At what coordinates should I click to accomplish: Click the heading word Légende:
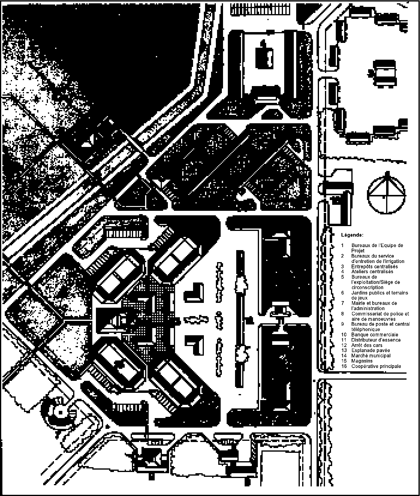point(352,235)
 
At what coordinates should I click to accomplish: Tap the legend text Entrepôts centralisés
point(374,266)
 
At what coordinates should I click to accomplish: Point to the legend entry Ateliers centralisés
point(372,272)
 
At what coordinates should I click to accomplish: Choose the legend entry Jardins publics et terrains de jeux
point(380,295)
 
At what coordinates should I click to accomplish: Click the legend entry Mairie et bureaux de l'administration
point(374,306)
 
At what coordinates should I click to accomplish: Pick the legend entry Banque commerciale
point(375,335)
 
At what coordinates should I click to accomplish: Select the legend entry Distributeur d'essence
point(376,340)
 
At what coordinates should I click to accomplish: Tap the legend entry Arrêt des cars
point(367,345)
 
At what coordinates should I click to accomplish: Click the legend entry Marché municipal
point(371,356)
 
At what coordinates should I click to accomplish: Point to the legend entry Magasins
point(362,361)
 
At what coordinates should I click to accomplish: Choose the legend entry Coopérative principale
point(376,366)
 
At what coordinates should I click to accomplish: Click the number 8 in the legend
point(342,314)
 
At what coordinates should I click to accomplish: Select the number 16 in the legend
point(344,366)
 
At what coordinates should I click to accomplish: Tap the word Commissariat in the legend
point(366,314)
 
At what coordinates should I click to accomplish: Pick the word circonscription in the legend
point(367,287)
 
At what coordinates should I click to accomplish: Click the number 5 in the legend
point(342,277)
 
